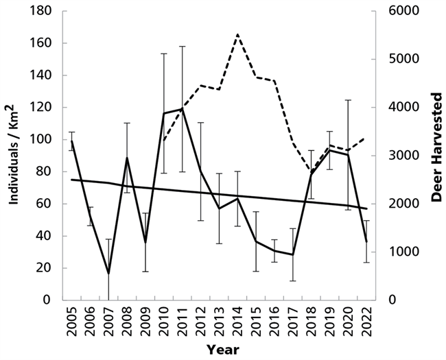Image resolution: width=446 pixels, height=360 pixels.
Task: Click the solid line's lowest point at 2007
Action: pos(108,274)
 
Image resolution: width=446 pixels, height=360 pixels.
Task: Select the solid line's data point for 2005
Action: pos(71,141)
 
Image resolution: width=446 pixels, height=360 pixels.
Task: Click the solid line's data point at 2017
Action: pos(293,254)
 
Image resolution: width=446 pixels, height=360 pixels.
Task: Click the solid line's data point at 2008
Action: pos(127,158)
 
